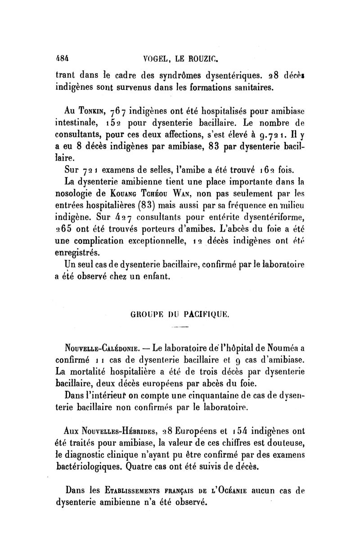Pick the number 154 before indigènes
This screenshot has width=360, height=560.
(235, 428)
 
